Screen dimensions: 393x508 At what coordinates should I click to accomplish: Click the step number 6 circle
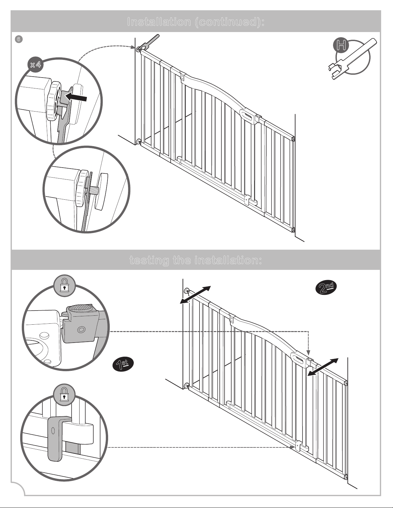(x=19, y=39)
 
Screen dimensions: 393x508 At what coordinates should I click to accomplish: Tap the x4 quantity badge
(x=36, y=64)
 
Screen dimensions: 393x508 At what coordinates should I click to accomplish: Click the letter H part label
(x=341, y=46)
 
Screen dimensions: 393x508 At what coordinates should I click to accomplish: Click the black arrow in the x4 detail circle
(x=75, y=97)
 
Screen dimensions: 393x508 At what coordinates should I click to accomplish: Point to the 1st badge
(x=123, y=364)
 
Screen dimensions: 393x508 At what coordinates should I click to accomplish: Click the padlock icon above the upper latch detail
(x=64, y=286)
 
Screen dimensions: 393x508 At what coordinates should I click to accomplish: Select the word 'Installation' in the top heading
(x=159, y=22)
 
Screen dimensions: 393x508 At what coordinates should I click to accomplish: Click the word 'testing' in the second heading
(x=149, y=260)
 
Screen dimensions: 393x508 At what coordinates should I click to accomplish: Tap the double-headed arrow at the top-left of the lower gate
(x=195, y=295)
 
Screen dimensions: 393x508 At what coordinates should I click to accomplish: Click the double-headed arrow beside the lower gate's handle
(x=323, y=367)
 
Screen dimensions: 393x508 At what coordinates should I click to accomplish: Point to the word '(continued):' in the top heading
(x=229, y=22)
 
